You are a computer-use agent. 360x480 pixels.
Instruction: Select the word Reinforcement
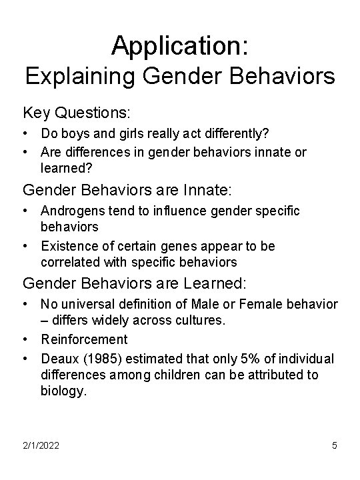tap(84, 340)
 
